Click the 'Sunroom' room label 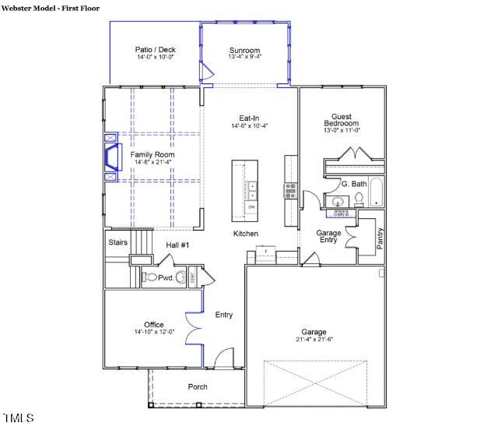coord(244,51)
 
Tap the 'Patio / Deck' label coord(156,50)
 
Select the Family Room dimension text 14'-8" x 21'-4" coord(152,162)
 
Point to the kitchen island coord(244,188)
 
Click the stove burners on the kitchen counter coord(290,189)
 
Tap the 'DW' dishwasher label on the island coord(251,207)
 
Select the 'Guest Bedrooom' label coord(342,120)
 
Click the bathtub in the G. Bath coord(376,193)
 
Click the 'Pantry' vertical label coord(380,238)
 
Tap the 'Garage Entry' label coord(328,237)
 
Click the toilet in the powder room coord(148,277)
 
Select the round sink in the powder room coord(181,277)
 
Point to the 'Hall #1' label coord(178,245)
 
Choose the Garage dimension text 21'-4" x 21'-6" coord(314,340)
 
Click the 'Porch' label coord(198,387)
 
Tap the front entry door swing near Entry coord(223,358)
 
